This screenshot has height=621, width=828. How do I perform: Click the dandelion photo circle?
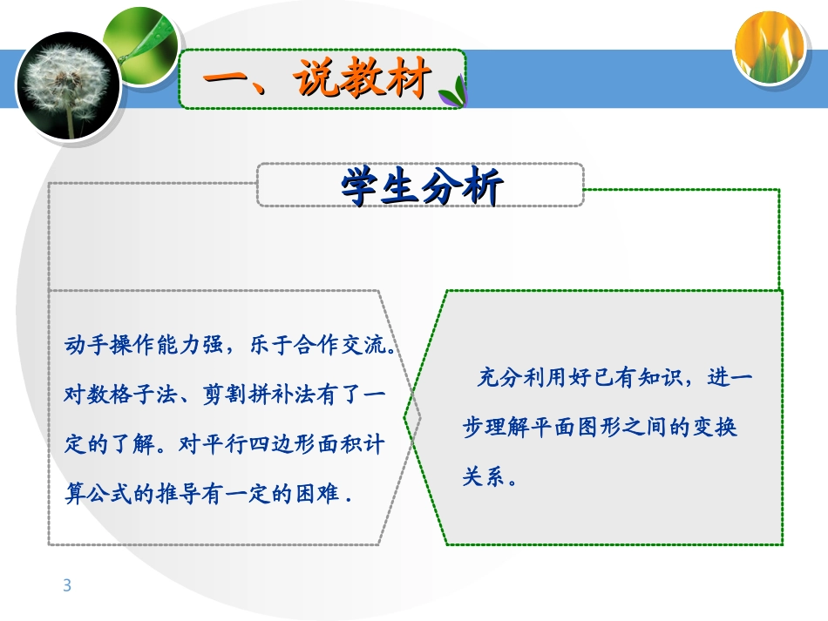click(68, 85)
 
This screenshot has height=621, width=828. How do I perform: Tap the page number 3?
click(67, 585)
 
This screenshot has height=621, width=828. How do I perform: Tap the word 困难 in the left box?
click(318, 494)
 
